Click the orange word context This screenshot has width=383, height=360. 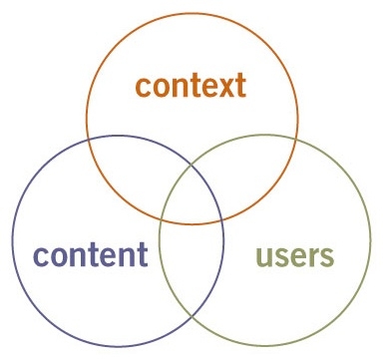pos(191,86)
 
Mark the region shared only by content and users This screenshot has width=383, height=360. pos(191,269)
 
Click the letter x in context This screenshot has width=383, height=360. pos(222,87)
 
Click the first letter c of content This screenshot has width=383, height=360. pos(40,254)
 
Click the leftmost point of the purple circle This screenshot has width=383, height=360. pos(12,241)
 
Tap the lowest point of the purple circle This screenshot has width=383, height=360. pos(117,346)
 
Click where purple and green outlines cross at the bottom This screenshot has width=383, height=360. pos(192,318)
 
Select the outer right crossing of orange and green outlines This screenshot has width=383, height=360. pos(295,142)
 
